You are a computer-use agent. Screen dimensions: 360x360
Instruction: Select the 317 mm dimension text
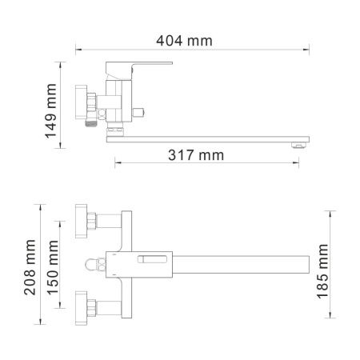click(x=196, y=155)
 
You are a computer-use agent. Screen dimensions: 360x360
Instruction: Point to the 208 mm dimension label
click(x=30, y=267)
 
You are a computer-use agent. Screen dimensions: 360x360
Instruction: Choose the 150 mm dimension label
click(x=54, y=267)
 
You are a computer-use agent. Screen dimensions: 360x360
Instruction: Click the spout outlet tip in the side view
click(x=299, y=145)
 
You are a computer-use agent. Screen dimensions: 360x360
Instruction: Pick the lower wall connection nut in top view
click(x=82, y=308)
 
